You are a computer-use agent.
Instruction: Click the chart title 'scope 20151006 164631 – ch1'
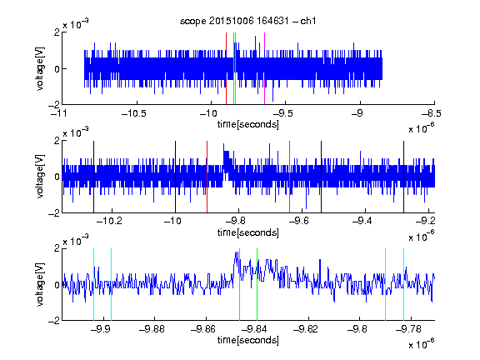pos(247,21)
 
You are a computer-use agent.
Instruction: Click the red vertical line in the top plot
pos(226,68)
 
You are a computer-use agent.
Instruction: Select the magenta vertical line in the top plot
pos(264,68)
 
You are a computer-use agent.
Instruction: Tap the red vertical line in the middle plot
pos(207,177)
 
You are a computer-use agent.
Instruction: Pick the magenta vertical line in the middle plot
pos(290,177)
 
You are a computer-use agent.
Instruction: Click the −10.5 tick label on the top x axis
pos(134,114)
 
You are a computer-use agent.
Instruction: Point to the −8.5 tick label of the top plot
pos(432,114)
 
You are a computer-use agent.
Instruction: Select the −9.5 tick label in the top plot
pos(282,114)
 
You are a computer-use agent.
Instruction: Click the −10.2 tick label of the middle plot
pos(109,221)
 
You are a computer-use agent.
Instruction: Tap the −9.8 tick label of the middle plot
pos(237,221)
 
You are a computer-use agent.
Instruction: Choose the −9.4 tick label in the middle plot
pos(362,221)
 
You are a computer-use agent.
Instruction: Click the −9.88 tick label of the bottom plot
pos(152,329)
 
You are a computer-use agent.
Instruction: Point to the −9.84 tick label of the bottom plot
pos(254,329)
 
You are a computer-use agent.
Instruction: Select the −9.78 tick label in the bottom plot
pos(408,329)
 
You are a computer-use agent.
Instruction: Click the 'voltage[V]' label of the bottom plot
pos(40,284)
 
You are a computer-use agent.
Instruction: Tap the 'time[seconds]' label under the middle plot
pos(248,232)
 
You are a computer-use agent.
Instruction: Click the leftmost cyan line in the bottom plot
pos(93,284)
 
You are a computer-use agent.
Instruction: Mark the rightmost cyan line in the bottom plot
pos(404,284)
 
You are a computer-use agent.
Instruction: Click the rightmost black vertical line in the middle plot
pos(404,177)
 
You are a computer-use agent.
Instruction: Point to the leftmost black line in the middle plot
pos(93,177)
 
